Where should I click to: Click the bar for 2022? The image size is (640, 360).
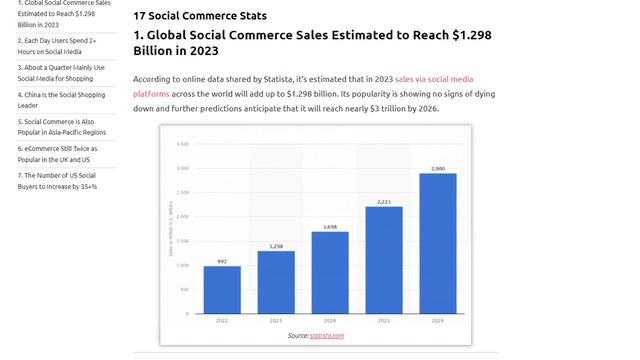pyautogui.click(x=222, y=290)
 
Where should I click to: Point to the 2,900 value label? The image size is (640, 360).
pyautogui.click(x=438, y=168)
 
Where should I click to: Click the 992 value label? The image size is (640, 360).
pyautogui.click(x=222, y=261)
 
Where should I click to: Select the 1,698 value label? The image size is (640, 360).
pyautogui.click(x=330, y=226)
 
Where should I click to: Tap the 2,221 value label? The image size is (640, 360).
pyautogui.click(x=384, y=201)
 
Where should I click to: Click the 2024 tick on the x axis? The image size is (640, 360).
pyautogui.click(x=330, y=322)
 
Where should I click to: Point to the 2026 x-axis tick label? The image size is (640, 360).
pyautogui.click(x=438, y=322)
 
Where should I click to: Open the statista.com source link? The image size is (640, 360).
pyautogui.click(x=326, y=336)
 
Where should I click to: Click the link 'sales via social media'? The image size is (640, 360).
pyautogui.click(x=434, y=78)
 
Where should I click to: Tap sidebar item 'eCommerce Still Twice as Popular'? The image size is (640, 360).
pyautogui.click(x=56, y=153)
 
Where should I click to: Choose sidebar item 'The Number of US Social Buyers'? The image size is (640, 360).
pyautogui.click(x=56, y=180)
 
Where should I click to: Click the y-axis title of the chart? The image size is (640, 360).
pyautogui.click(x=171, y=233)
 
